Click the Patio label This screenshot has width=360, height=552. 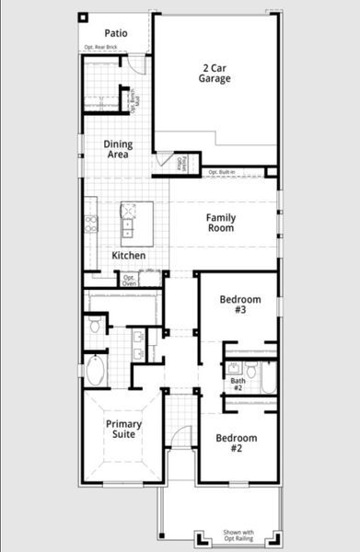coord(115,33)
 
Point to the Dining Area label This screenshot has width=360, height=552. coord(118,149)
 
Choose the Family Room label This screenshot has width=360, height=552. coord(221,224)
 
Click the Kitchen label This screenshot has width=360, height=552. coord(128,255)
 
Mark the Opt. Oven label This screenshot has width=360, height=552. coord(129,280)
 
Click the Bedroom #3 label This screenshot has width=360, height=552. coord(239,305)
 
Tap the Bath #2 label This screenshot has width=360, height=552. coord(238,384)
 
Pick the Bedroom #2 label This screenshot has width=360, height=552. coord(236,443)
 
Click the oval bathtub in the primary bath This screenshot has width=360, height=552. coord(95,372)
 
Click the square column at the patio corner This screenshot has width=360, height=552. coord(82,17)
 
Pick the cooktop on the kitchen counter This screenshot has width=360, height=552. coord(90,224)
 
